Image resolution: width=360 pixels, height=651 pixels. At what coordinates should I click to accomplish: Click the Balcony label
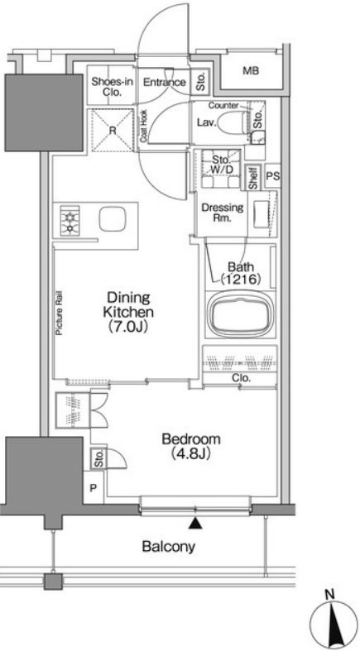coord(168,547)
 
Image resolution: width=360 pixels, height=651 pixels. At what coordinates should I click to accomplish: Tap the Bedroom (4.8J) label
coord(191,446)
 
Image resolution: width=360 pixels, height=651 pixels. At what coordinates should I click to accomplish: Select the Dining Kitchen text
coord(128,304)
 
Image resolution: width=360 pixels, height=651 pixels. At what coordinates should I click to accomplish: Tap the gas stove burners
coord(70,221)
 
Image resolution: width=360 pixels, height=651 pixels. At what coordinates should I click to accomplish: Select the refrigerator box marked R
coord(112,130)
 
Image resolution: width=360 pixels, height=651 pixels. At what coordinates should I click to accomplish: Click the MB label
coord(251,70)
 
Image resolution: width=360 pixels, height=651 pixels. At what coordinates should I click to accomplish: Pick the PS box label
coord(272,176)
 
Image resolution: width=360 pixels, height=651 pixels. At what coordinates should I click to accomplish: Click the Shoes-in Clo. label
coord(112,87)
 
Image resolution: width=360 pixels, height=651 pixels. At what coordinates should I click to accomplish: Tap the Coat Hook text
coord(143,127)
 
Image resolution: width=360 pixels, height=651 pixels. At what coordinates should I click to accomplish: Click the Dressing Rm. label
coord(222,212)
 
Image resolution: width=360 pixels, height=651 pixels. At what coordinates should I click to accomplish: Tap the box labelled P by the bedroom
coord(94,487)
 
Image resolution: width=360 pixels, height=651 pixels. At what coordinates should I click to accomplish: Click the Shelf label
coord(253,178)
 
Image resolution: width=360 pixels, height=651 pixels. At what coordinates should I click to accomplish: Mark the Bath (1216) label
coord(241,273)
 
